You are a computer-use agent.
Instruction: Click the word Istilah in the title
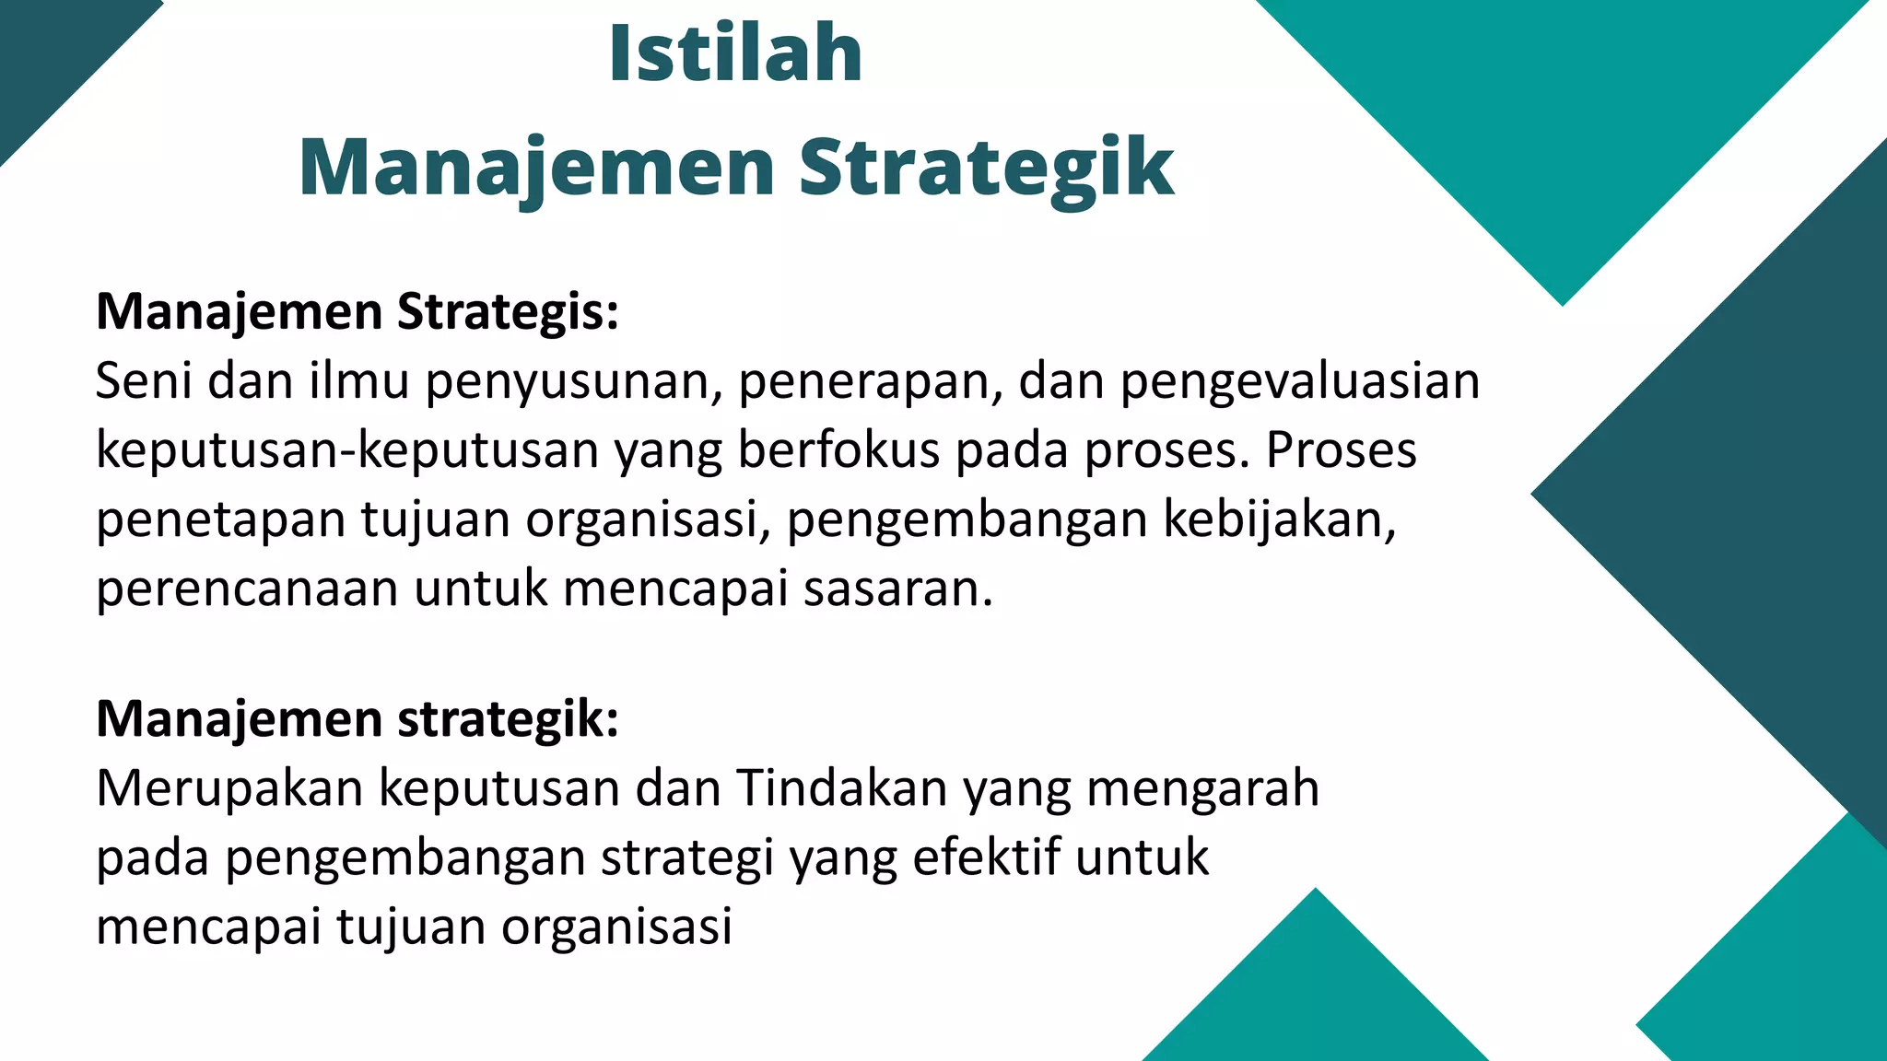pos(735,53)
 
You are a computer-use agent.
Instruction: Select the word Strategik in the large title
pos(986,168)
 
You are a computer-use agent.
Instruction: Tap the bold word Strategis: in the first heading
pos(508,312)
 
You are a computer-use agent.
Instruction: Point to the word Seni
pos(143,380)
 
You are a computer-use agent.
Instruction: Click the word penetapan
pos(220,520)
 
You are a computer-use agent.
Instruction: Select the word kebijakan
pos(1279,520)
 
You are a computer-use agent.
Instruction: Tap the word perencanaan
pos(246,589)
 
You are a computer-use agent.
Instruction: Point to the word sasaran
pos(897,589)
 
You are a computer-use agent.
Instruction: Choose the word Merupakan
pos(229,788)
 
